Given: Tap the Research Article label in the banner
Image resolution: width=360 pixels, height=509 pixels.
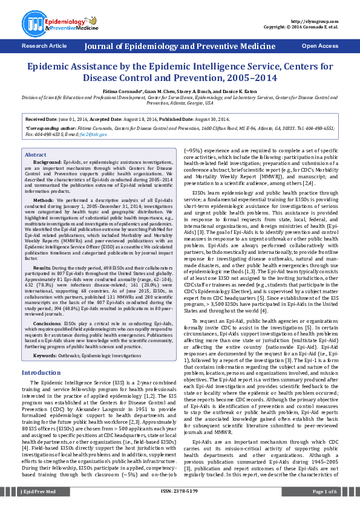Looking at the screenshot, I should pos(44,46).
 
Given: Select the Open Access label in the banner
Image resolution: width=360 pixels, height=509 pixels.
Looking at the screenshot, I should pos(321,46).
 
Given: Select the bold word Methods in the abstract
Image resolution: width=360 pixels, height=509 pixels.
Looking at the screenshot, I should pos(43,199).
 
